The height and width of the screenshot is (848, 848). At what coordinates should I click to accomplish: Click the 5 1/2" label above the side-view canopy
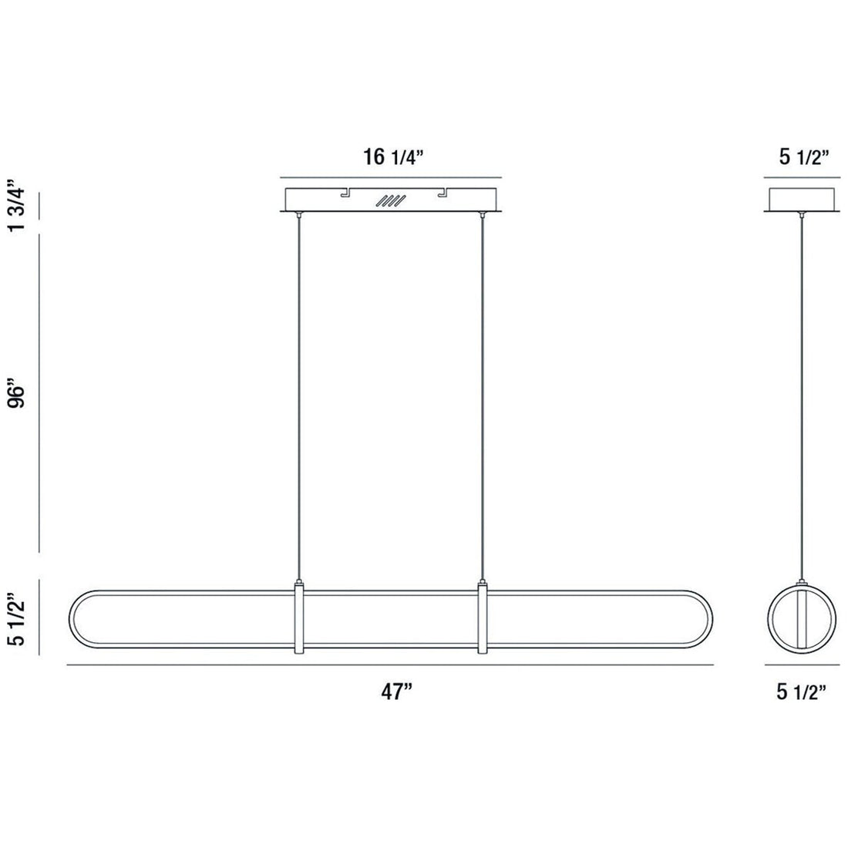click(803, 159)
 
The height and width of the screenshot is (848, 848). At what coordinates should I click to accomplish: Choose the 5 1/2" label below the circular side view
click(803, 692)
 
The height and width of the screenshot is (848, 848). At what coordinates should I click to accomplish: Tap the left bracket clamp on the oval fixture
click(299, 621)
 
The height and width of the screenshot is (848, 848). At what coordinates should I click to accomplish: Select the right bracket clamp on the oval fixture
click(483, 621)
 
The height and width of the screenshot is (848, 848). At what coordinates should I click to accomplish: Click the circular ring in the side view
click(774, 621)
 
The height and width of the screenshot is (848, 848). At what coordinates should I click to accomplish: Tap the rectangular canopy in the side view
click(803, 199)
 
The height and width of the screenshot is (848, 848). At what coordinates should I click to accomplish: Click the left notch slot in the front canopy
click(345, 193)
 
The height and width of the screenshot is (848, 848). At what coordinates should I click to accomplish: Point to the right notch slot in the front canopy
click(443, 193)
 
